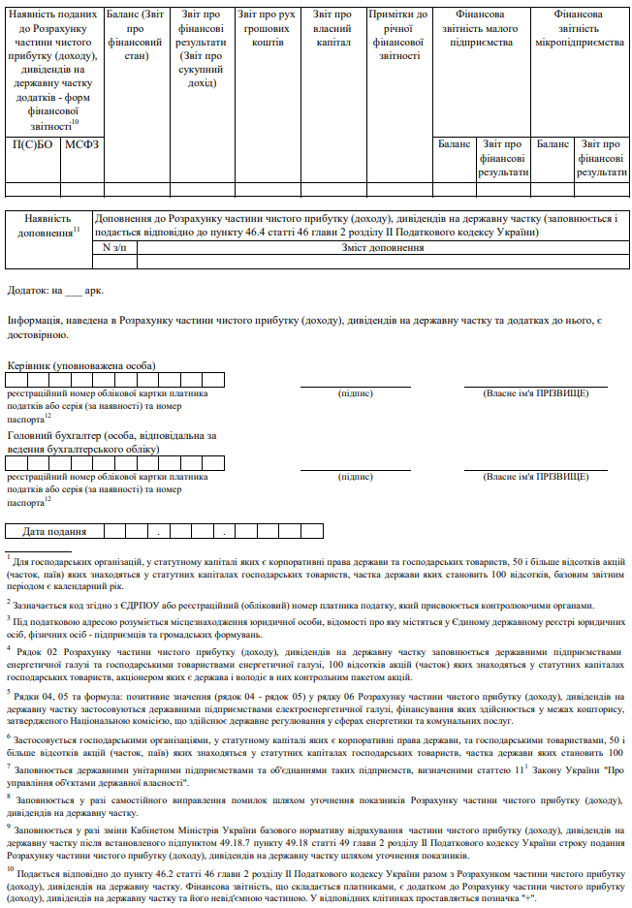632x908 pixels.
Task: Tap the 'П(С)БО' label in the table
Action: click(x=32, y=144)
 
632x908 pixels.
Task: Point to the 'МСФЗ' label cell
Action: click(x=82, y=144)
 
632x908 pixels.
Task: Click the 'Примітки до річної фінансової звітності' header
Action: click(x=397, y=36)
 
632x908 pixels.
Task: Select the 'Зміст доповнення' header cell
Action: click(x=384, y=248)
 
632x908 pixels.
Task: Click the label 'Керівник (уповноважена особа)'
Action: click(x=81, y=365)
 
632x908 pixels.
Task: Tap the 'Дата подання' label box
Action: click(x=55, y=531)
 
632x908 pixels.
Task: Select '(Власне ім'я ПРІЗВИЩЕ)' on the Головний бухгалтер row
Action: click(x=535, y=477)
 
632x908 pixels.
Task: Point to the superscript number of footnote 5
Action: click(x=8, y=693)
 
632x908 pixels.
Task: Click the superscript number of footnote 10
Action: click(x=10, y=869)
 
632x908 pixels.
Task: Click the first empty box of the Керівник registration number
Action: click(x=17, y=380)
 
